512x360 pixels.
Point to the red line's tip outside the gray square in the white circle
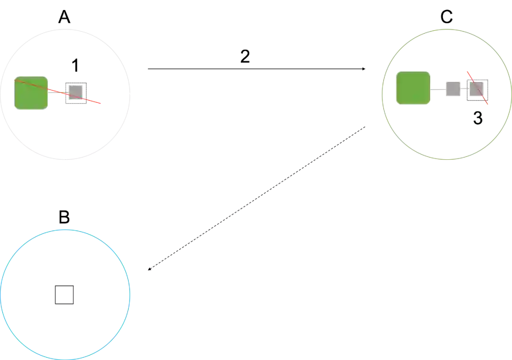tap(101, 104)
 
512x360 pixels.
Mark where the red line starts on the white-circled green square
tap(15, 80)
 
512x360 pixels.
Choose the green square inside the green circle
tap(413, 88)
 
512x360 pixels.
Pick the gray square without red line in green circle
tap(453, 89)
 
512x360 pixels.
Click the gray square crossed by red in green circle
tap(476, 90)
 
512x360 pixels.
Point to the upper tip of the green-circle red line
tap(467, 70)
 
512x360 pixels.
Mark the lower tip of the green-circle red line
tap(488, 105)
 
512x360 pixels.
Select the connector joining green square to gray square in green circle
tap(438, 89)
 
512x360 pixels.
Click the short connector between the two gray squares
tap(465, 89)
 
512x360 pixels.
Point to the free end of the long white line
tap(307, 161)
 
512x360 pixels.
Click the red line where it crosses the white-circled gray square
tap(76, 97)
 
